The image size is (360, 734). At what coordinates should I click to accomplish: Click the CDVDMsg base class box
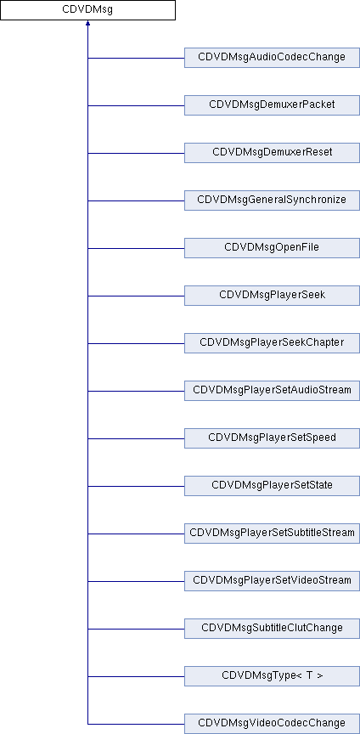pos(87,10)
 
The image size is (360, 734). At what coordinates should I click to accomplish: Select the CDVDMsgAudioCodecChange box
pos(272,58)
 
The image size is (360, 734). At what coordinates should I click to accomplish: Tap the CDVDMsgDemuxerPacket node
pos(272,105)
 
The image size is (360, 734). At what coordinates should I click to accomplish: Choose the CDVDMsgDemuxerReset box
pos(272,153)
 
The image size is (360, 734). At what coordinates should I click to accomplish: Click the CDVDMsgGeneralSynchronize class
pos(272,200)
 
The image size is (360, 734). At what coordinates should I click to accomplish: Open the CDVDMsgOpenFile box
pos(272,248)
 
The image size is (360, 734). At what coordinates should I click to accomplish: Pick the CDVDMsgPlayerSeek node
pos(272,296)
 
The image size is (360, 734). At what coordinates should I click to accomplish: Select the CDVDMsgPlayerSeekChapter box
pos(272,343)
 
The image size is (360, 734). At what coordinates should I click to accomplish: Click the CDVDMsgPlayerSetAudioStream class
pos(272,391)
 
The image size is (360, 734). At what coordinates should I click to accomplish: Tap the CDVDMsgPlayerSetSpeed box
pos(272,438)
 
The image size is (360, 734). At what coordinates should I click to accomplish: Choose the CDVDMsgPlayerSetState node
pos(272,486)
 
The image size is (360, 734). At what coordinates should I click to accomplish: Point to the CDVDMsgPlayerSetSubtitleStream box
pos(272,534)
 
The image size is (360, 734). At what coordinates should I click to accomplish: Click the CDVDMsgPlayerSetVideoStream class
pos(272,581)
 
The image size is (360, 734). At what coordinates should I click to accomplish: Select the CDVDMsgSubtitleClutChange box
pos(272,629)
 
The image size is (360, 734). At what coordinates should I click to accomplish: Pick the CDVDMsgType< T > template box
pos(272,676)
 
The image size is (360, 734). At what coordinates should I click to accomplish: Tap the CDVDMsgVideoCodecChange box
pos(272,724)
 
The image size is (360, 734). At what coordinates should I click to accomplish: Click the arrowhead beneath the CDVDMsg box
pos(87,23)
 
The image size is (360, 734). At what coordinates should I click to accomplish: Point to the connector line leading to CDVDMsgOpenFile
pos(136,249)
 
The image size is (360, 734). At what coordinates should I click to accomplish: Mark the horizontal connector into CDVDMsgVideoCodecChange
pos(136,724)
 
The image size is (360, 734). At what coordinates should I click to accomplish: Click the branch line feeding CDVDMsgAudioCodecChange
pos(136,58)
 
